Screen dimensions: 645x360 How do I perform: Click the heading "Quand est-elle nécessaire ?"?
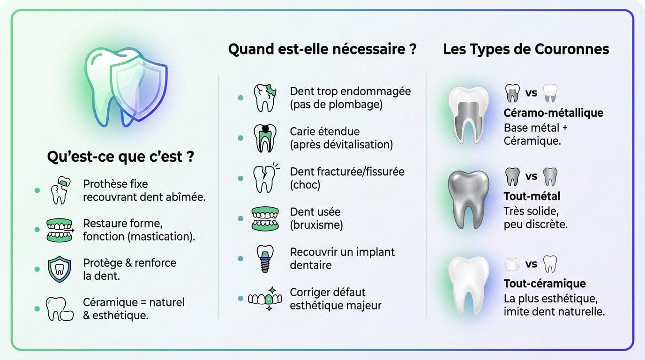(322, 49)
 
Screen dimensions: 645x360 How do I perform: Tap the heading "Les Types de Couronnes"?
(526, 49)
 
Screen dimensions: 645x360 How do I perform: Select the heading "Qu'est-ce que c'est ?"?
(120, 157)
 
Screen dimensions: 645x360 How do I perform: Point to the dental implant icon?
(265, 259)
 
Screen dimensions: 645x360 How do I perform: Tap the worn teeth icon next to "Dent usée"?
(265, 219)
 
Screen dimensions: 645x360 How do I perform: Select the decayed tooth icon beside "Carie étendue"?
(265, 138)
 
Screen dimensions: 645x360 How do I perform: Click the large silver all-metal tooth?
(469, 199)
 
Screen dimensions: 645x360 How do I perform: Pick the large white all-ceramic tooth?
(469, 285)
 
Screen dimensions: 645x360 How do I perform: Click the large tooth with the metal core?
(469, 115)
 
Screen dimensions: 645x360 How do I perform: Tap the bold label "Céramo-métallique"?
(554, 112)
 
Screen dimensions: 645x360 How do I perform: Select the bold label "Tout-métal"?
(532, 196)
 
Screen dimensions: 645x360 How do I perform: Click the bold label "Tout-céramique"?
(545, 284)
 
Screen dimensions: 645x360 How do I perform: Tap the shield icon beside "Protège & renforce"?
(60, 269)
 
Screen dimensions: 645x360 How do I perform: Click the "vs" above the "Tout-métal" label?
(531, 176)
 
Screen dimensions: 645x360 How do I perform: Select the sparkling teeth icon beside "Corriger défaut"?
(265, 299)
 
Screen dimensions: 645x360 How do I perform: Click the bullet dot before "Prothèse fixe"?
(37, 190)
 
